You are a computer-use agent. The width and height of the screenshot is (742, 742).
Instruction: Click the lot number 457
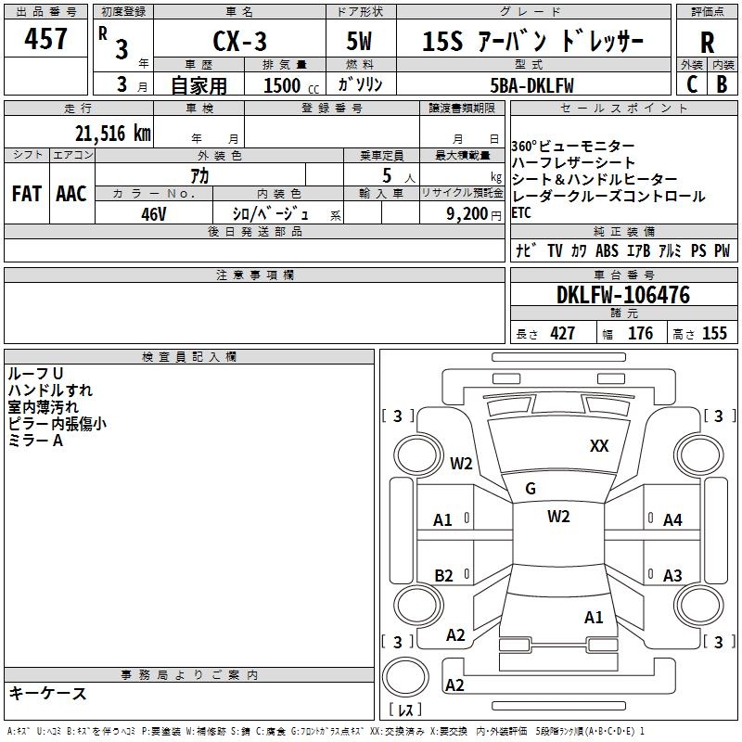point(45,39)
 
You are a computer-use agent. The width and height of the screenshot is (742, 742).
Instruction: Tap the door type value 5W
point(359,41)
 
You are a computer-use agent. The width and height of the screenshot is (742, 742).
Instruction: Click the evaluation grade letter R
point(707,42)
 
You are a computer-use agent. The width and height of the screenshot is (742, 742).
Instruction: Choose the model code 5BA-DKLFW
point(531,84)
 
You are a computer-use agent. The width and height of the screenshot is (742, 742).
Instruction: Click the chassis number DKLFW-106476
point(622,295)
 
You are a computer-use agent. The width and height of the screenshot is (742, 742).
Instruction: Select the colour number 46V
point(154,212)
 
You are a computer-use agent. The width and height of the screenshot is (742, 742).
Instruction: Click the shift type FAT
point(26,194)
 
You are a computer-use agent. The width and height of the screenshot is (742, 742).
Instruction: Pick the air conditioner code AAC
point(70,194)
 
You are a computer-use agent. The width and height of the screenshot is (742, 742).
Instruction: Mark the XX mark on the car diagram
point(599,446)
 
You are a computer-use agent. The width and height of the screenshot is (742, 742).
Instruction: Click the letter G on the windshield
point(531,489)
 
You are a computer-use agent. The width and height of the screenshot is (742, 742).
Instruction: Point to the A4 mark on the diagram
point(672,520)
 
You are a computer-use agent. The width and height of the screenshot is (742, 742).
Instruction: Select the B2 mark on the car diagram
point(443,576)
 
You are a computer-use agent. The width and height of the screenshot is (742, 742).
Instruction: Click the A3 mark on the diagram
point(672,576)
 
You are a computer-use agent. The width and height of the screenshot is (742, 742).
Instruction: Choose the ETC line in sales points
point(522,212)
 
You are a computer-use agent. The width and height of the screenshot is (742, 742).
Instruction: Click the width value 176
point(640,334)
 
